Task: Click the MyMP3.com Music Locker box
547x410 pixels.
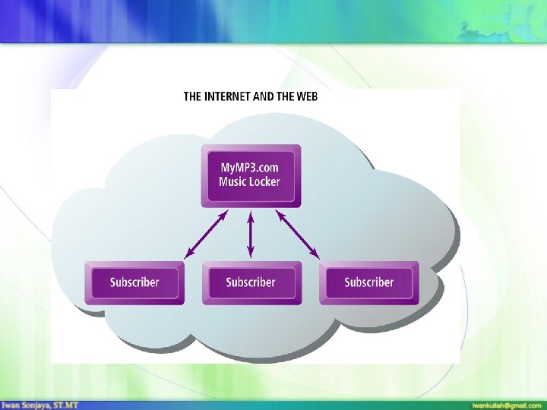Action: pyautogui.click(x=251, y=175)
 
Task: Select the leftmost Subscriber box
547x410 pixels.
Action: pyautogui.click(x=134, y=282)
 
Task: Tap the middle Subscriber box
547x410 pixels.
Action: pyautogui.click(x=251, y=282)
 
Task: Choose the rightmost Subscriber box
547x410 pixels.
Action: pyautogui.click(x=369, y=282)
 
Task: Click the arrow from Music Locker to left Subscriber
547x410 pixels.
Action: pyautogui.click(x=207, y=234)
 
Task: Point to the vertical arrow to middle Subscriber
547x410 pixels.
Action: pyautogui.click(x=251, y=234)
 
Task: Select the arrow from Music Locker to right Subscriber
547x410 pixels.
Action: pyautogui.click(x=297, y=234)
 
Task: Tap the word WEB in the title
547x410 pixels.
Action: pyautogui.click(x=306, y=96)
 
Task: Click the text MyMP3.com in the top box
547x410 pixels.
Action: pyautogui.click(x=249, y=167)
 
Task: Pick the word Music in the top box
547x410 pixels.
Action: pyautogui.click(x=232, y=182)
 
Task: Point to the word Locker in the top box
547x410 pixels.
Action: pyautogui.click(x=264, y=182)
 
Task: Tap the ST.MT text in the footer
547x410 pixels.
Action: pyautogui.click(x=67, y=405)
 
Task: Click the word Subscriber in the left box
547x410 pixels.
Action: pyautogui.click(x=134, y=282)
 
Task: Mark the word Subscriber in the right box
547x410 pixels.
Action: pyautogui.click(x=369, y=282)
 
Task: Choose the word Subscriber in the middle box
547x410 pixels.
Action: pyautogui.click(x=251, y=282)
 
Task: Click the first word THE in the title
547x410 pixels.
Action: pyautogui.click(x=193, y=96)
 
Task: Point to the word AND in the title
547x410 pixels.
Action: pyautogui.click(x=265, y=96)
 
